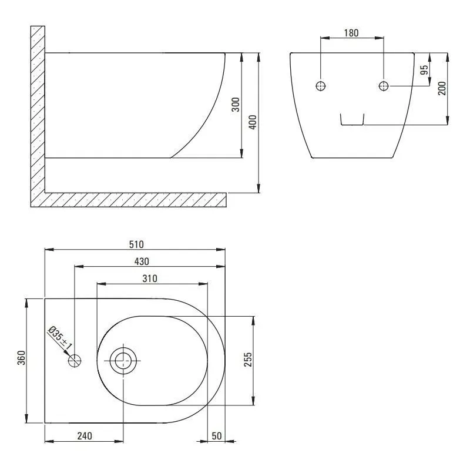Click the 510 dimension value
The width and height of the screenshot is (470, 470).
click(136, 244)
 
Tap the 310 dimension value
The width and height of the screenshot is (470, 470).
click(149, 279)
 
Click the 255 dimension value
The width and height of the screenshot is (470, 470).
click(248, 360)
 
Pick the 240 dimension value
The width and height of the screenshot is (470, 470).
click(85, 435)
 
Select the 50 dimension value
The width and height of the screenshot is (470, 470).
click(216, 435)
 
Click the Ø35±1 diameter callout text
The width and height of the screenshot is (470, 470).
click(61, 339)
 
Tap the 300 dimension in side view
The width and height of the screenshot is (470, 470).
click(235, 105)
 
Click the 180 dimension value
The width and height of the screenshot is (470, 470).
click(351, 33)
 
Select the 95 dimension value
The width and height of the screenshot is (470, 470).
click(424, 70)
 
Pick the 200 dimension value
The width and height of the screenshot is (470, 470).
click(442, 88)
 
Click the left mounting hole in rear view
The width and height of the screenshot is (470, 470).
click(321, 86)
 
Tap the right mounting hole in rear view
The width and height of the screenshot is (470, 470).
click(383, 86)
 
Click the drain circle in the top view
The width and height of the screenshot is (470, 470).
click(123, 360)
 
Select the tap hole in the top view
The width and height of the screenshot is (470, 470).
click(75, 360)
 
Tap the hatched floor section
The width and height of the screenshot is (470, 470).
click(135, 200)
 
